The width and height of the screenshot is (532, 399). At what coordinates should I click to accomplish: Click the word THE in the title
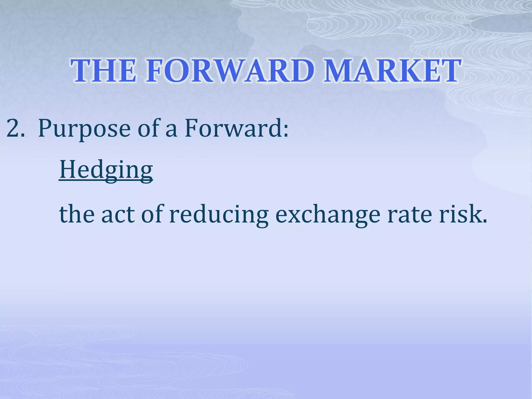pyautogui.click(x=103, y=71)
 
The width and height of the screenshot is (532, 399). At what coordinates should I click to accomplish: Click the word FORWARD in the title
pyautogui.click(x=230, y=71)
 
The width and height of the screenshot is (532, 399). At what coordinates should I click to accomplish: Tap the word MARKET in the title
pyautogui.click(x=392, y=71)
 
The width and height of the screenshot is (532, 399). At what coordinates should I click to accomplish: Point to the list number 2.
pyautogui.click(x=16, y=128)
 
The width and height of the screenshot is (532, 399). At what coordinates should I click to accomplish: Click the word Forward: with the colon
pyautogui.click(x=237, y=128)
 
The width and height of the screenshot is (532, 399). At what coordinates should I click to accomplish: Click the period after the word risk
pyautogui.click(x=484, y=222)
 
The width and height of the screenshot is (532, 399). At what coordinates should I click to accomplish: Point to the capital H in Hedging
pyautogui.click(x=68, y=169)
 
